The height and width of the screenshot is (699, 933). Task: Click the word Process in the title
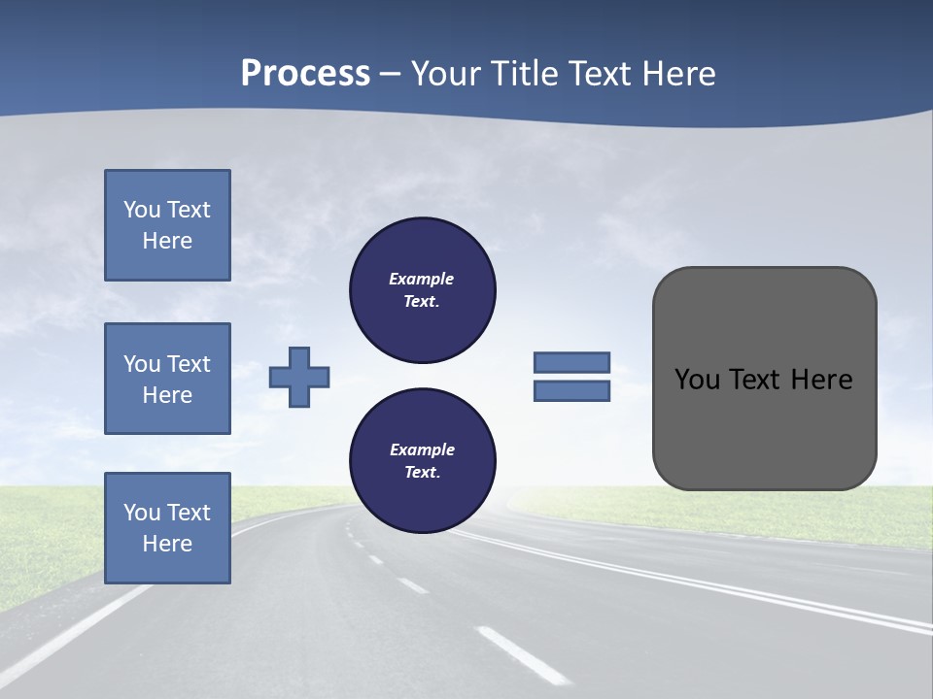pyautogui.click(x=305, y=74)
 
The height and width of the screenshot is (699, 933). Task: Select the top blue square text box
pyautogui.click(x=167, y=225)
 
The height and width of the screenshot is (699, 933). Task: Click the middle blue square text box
pyautogui.click(x=167, y=379)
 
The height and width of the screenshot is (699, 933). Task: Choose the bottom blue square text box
pyautogui.click(x=167, y=528)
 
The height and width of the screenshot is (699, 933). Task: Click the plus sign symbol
pyautogui.click(x=299, y=377)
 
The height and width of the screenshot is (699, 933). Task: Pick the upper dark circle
pyautogui.click(x=422, y=290)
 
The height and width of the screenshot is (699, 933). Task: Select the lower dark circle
pyautogui.click(x=422, y=460)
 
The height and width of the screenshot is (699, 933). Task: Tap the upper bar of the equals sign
pyautogui.click(x=571, y=362)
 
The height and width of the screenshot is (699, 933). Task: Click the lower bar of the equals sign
pyautogui.click(x=571, y=391)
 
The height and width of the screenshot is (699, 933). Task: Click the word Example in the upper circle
pyautogui.click(x=422, y=279)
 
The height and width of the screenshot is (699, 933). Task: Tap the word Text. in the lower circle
pyautogui.click(x=422, y=473)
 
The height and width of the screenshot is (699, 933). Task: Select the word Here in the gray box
pyautogui.click(x=821, y=380)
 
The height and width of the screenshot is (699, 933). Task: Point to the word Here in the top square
pyautogui.click(x=167, y=241)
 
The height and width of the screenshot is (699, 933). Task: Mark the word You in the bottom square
pyautogui.click(x=142, y=513)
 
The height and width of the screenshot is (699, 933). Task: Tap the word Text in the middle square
pyautogui.click(x=189, y=364)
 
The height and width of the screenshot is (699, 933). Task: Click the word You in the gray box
pyautogui.click(x=697, y=380)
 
